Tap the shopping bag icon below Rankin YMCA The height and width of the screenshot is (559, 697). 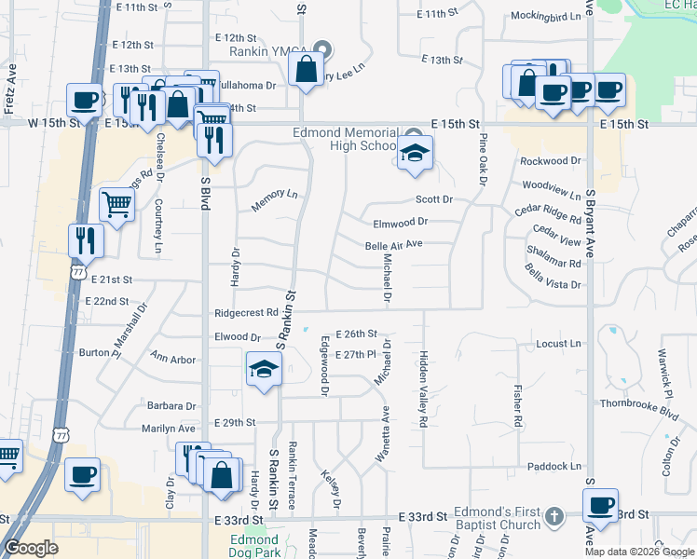(306, 68)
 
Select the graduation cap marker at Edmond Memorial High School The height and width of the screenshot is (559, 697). (416, 153)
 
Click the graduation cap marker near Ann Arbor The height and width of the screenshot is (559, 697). (264, 370)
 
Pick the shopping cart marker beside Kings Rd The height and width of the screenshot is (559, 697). (116, 203)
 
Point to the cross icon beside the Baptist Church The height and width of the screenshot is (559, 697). (553, 515)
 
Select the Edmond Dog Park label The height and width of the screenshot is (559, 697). (255, 546)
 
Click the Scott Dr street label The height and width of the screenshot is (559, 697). (433, 199)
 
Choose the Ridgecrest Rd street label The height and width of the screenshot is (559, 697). (246, 313)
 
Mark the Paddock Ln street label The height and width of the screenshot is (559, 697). (553, 466)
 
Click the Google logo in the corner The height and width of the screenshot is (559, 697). (31, 548)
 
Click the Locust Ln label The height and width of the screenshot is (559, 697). (559, 344)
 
